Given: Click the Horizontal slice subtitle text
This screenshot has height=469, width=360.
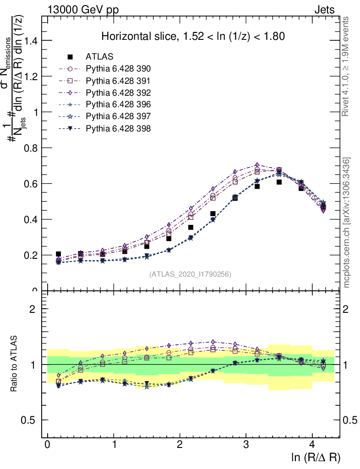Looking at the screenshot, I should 193,36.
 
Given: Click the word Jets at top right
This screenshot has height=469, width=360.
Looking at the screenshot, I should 324,10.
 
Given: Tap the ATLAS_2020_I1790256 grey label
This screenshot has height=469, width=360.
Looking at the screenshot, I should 190,274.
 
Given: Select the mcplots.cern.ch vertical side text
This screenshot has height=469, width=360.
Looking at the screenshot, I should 347,223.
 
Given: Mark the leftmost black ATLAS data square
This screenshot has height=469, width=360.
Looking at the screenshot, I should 59,254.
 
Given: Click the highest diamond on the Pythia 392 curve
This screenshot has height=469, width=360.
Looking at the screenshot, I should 257,164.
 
